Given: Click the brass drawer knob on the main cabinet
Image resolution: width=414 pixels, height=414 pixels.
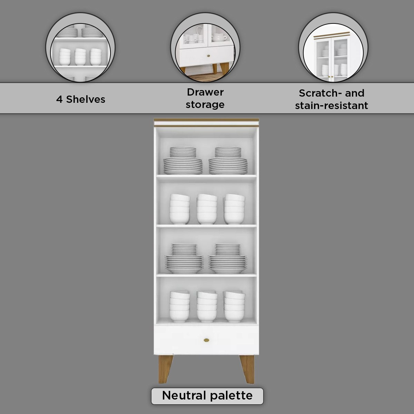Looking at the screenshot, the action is (x=206, y=340).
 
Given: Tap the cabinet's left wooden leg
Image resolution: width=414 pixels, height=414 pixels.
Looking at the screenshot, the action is (x=165, y=369).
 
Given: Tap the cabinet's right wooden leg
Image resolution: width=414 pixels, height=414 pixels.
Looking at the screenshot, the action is (x=247, y=369).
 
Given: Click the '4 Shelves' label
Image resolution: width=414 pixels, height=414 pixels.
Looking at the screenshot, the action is (x=81, y=99).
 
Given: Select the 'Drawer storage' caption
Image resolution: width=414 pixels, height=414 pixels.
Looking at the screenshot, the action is (x=205, y=98).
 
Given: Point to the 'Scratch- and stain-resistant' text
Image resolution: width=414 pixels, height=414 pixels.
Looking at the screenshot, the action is (x=332, y=99).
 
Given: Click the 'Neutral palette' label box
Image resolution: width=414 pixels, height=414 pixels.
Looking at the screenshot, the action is (x=207, y=395).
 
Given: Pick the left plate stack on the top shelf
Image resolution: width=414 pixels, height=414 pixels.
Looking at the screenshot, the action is (x=183, y=160).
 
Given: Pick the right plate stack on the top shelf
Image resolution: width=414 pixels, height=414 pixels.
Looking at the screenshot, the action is (x=228, y=160).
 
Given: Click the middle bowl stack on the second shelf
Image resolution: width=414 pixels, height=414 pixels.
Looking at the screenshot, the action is (x=207, y=209).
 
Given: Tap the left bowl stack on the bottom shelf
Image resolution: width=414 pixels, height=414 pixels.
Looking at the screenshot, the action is (x=180, y=306).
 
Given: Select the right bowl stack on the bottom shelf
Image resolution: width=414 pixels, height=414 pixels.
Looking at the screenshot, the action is (x=234, y=306).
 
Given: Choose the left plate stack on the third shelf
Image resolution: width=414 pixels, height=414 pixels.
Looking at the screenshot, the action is (x=184, y=258).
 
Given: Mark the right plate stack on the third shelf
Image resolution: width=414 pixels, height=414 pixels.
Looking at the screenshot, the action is (x=227, y=258).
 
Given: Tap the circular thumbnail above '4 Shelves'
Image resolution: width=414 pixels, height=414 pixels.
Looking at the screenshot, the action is (x=80, y=47).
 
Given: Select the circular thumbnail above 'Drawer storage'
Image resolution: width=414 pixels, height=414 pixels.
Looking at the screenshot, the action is (x=205, y=47).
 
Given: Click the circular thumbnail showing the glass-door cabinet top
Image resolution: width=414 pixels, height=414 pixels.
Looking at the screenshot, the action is (x=333, y=47).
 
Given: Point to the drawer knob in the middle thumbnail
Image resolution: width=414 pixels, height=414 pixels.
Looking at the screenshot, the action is (x=208, y=56).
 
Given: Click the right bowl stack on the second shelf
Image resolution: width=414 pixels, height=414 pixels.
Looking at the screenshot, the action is (x=234, y=209).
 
